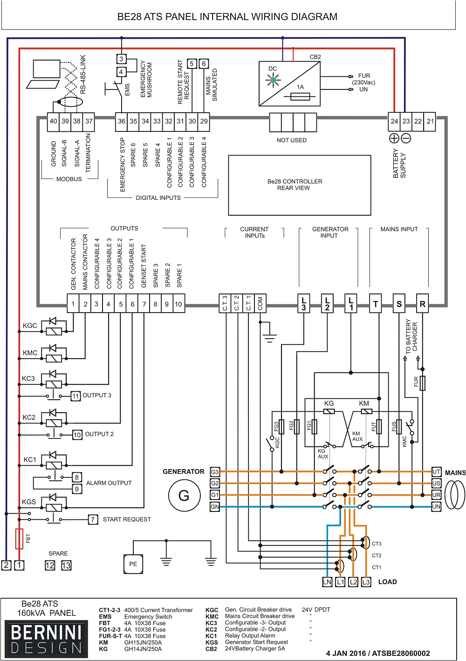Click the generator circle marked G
(x=184, y=495)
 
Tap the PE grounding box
(x=133, y=564)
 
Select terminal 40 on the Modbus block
(x=54, y=121)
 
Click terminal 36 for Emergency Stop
(x=122, y=121)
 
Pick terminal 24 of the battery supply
(x=394, y=121)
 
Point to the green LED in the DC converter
(x=273, y=80)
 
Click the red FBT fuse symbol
(x=19, y=538)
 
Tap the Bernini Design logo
(x=46, y=639)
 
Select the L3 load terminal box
(x=366, y=582)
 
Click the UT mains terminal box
(x=436, y=472)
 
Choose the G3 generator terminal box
(x=215, y=472)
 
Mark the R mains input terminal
(x=422, y=304)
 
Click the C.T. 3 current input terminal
(x=225, y=303)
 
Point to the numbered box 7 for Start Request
(x=93, y=519)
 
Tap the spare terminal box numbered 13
(x=66, y=566)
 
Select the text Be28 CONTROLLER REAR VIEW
(x=295, y=184)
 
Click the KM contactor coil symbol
(x=367, y=411)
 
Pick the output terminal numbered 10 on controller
(x=178, y=304)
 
